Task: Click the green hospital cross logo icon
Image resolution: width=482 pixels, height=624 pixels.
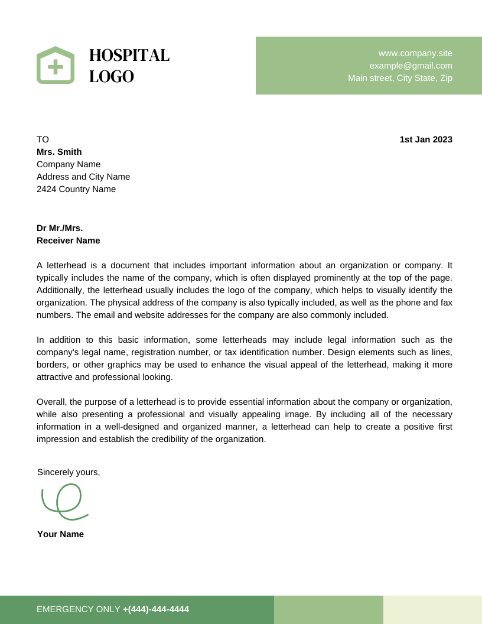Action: coord(56,66)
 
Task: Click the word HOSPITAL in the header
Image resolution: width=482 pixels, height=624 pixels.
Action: coord(129,55)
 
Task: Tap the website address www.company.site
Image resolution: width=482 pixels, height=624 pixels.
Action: coord(415,53)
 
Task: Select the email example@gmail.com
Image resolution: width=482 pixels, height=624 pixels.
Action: coord(411,66)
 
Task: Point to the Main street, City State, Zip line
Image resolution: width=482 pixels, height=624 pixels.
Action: coord(400,78)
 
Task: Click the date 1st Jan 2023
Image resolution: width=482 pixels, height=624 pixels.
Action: coord(426,139)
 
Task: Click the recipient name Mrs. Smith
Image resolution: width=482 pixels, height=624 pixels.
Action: coord(59,152)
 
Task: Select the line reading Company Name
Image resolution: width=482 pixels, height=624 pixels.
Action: coord(69,164)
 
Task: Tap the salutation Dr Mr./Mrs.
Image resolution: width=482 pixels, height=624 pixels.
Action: coord(60,228)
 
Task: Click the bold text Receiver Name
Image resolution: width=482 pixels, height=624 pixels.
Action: coord(69,240)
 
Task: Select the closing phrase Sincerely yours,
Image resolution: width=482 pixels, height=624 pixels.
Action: coord(69,472)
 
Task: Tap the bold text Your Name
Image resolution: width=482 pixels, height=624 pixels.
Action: coord(60,534)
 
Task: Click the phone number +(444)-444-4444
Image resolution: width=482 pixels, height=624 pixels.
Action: coord(156,609)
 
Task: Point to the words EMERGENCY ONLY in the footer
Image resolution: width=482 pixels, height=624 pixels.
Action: coord(78,609)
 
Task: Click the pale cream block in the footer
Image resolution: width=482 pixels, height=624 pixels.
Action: coord(432,610)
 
